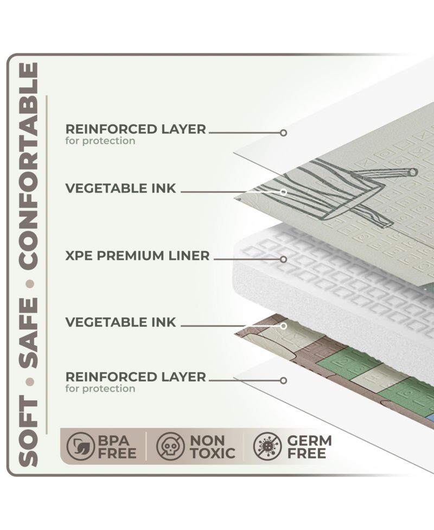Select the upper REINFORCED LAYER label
click(x=136, y=129)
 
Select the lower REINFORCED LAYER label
click(x=136, y=377)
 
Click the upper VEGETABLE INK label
click(x=120, y=188)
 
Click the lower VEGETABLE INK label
click(x=120, y=322)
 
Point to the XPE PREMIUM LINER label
click(x=137, y=256)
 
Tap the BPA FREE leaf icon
click(x=80, y=446)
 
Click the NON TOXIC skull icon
click(x=171, y=446)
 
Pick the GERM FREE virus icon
click(x=267, y=446)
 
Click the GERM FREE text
click(x=309, y=446)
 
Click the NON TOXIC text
click(x=212, y=446)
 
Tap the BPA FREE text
click(x=117, y=446)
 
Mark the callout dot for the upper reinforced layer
click(x=284, y=133)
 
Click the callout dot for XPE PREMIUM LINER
click(x=284, y=259)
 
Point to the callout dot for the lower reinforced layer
click(x=284, y=381)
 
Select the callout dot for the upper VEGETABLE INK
click(x=284, y=192)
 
